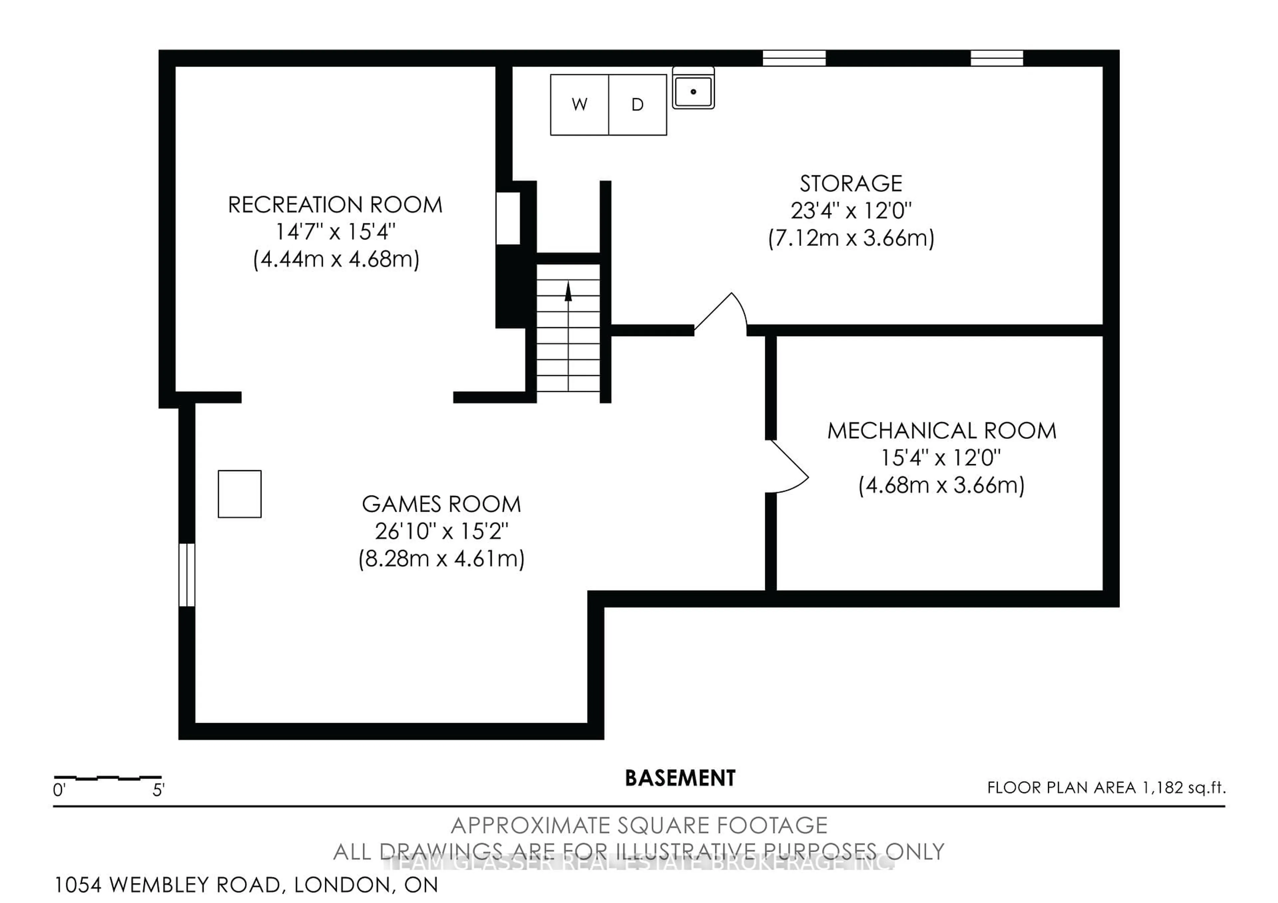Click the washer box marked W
(579, 104)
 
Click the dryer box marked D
(638, 104)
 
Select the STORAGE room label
(851, 184)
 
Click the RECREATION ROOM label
(335, 205)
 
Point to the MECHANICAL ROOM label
(941, 431)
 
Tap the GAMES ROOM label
(441, 504)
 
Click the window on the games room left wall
(187, 574)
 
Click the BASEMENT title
(680, 778)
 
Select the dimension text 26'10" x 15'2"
(441, 531)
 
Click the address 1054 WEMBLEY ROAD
(167, 885)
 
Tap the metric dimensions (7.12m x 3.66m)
(851, 238)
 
